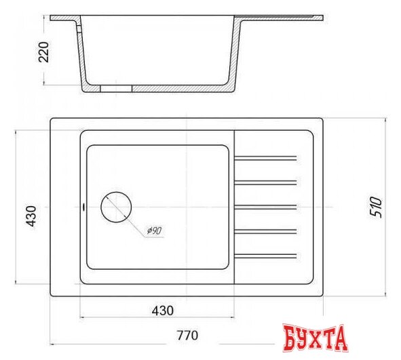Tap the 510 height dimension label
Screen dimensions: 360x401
tap(377, 205)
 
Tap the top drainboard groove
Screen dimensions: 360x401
tap(266, 159)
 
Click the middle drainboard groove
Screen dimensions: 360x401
tap(266, 207)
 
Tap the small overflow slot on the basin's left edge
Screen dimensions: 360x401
tap(82, 206)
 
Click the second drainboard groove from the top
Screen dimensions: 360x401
tap(266, 182)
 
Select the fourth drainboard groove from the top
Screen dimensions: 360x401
tap(266, 231)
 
